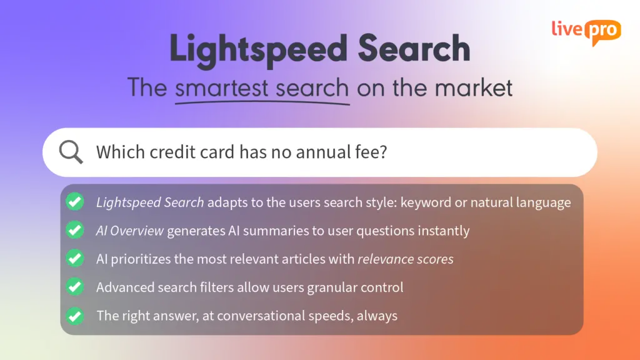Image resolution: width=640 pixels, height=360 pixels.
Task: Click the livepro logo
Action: coord(586,31)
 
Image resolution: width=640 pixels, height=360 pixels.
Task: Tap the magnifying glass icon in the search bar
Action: coord(71,152)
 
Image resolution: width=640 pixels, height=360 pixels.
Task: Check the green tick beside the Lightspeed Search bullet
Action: coord(75,202)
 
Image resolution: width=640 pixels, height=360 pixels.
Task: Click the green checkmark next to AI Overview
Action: coord(75,230)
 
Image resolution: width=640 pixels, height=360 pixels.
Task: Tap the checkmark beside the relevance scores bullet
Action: coord(75,258)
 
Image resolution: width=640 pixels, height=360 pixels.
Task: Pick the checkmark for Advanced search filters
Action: coord(75,287)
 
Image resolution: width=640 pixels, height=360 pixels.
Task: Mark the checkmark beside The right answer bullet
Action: coord(75,315)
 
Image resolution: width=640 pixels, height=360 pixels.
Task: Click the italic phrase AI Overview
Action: coord(130,231)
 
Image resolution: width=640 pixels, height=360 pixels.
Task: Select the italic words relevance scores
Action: coord(406,259)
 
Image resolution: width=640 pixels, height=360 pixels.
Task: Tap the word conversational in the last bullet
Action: coord(266,316)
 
